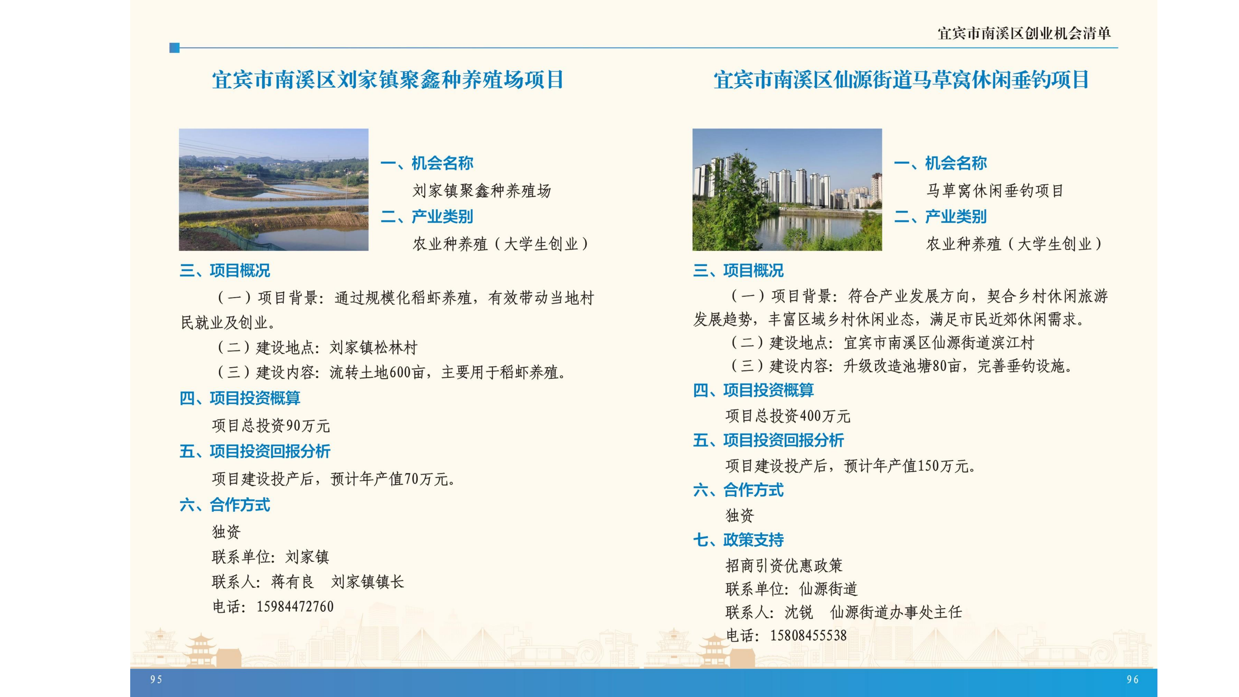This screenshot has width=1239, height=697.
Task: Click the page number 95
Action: tap(156, 679)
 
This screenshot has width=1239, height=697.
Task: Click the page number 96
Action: tap(1133, 679)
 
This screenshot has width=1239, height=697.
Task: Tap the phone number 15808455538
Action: tap(808, 636)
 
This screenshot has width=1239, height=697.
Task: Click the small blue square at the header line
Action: tap(174, 48)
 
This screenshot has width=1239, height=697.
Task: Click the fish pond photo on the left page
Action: tap(274, 189)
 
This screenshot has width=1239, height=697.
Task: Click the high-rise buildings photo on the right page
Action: tap(787, 189)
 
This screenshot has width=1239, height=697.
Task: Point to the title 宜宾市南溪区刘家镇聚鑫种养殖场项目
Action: tap(388, 80)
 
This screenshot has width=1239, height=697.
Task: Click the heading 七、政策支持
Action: tap(738, 540)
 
